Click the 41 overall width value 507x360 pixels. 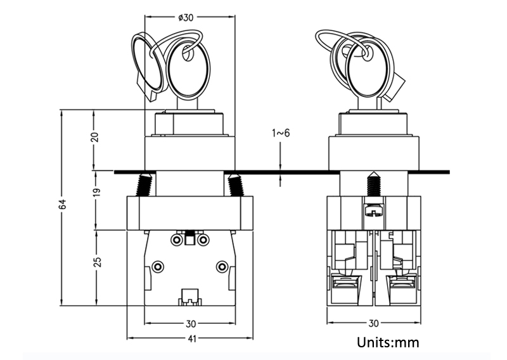191,339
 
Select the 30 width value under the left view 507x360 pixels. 191,323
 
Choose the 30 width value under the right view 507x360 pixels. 374,323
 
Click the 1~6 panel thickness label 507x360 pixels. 281,133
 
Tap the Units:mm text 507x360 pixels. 388,343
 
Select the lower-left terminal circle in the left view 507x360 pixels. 158,266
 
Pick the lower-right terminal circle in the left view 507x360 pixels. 221,266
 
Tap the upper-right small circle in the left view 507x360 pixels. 203,240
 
